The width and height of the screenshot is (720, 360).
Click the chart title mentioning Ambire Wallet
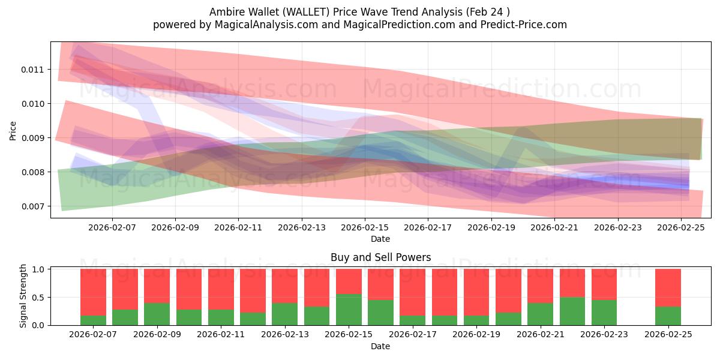tap(360, 12)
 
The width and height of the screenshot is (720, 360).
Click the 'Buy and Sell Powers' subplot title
tap(380, 257)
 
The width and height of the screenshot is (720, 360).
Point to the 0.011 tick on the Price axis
tap(32, 70)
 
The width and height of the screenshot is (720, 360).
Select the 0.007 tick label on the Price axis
tap(32, 206)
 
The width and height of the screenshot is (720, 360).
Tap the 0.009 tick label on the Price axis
tap(32, 138)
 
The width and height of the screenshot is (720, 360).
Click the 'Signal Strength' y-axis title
tap(23, 296)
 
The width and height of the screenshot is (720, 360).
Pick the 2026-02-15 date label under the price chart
tap(364, 227)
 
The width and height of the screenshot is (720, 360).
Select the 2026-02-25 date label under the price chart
tap(681, 227)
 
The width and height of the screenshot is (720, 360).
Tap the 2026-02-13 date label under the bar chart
tap(284, 335)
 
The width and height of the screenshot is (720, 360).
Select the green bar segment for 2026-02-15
tap(349, 310)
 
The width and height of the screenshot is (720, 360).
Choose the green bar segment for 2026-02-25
tap(668, 316)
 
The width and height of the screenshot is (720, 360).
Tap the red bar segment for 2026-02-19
tap(476, 292)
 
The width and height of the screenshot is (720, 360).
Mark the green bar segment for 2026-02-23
tap(604, 313)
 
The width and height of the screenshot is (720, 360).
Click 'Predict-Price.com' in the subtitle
tap(526, 25)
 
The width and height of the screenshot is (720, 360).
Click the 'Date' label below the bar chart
tap(380, 346)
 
